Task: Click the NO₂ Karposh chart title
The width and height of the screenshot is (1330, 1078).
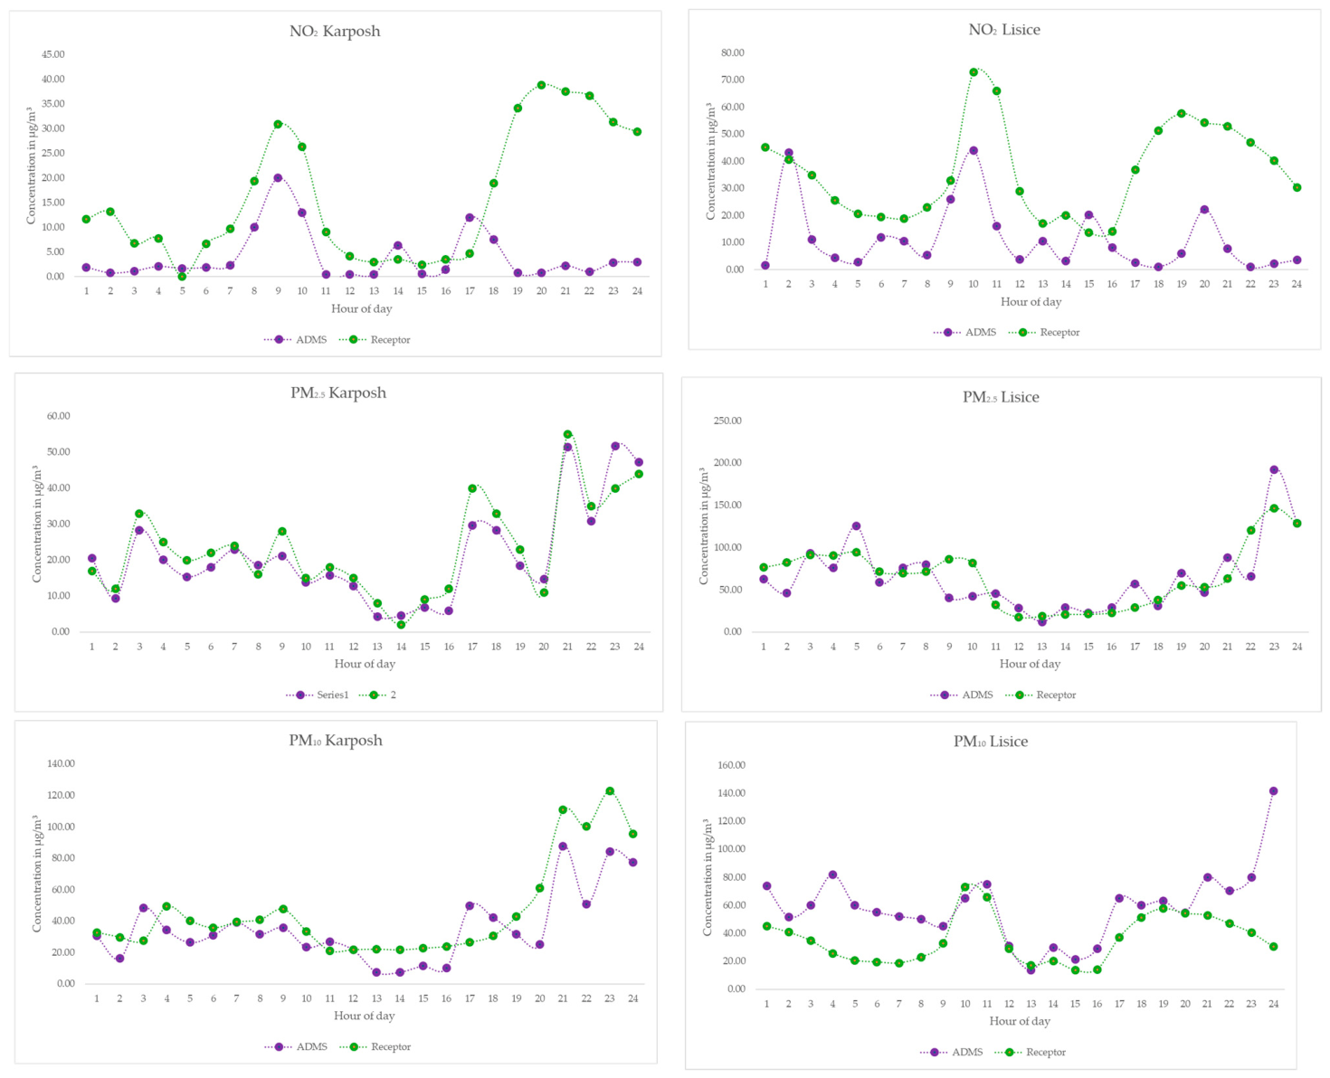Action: click(335, 32)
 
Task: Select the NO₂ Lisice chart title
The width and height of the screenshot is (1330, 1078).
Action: click(1004, 29)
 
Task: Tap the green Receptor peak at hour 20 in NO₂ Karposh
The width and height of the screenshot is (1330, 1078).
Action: click(541, 85)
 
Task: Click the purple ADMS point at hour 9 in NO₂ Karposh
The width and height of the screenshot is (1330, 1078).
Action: click(278, 178)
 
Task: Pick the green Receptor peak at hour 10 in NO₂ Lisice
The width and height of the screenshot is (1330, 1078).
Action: click(974, 72)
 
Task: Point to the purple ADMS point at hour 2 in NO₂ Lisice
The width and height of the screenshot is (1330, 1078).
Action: click(789, 153)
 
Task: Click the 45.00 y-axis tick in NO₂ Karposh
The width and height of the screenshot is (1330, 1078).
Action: click(53, 54)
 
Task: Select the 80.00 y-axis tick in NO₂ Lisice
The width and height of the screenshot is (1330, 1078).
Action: click(733, 52)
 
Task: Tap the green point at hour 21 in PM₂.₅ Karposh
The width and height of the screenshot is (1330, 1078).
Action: click(567, 434)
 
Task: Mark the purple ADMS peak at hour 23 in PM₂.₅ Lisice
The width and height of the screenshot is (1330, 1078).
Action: click(1274, 470)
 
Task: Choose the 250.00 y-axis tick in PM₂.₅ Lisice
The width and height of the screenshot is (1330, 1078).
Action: click(727, 421)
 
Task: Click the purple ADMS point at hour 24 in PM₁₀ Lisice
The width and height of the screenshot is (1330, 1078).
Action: click(1273, 791)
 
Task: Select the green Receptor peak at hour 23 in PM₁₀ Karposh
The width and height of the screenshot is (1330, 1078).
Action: click(610, 791)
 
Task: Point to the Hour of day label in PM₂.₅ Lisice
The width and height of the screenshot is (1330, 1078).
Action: click(1030, 664)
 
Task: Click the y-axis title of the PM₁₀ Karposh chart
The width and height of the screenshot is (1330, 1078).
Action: click(37, 874)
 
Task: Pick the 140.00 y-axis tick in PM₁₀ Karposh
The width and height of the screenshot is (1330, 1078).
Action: click(61, 763)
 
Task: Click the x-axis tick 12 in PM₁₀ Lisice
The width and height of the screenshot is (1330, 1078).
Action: click(1009, 1004)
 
